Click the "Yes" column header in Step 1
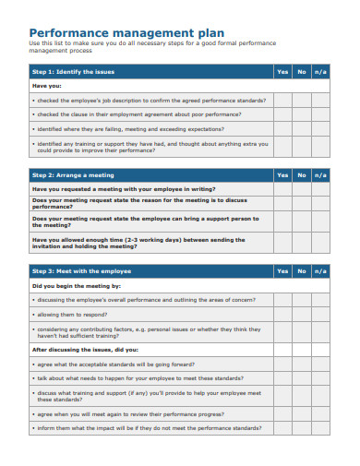tap(282, 71)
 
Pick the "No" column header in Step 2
tap(301, 173)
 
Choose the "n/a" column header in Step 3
tap(319, 271)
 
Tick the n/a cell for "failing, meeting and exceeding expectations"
tap(319, 128)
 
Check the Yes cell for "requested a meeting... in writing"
tap(282, 187)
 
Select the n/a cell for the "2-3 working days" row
tap(319, 242)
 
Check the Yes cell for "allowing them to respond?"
tap(282, 315)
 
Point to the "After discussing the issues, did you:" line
tap(85, 350)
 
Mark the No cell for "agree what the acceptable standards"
tap(301, 364)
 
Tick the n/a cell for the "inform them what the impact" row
tap(319, 428)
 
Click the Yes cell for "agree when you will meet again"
tap(282, 414)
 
